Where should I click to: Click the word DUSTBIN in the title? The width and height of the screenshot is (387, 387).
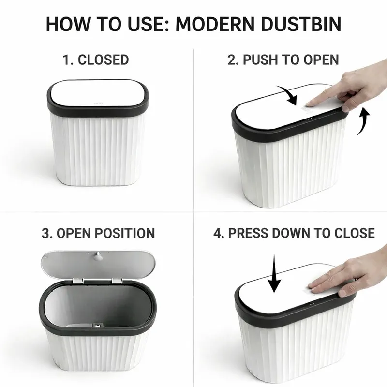pos(301,24)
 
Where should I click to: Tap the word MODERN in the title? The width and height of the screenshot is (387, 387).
pos(214,24)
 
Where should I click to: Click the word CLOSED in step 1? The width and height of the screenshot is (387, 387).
pos(103,60)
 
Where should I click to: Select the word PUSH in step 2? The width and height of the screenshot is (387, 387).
pos(261,60)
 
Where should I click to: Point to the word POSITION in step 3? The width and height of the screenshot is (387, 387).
pos(125,233)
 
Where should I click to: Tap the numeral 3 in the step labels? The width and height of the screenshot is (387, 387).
pos(45,233)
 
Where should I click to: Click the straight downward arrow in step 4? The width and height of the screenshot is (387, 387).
pos(274,273)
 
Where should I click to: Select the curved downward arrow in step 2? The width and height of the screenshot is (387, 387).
pos(290,95)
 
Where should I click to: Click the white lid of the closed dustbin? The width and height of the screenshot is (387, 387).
pos(98,93)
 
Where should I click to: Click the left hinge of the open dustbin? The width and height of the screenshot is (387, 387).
pos(78,281)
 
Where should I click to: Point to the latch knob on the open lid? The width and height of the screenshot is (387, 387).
pos(99,256)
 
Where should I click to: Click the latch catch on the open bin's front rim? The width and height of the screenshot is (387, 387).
pos(97,326)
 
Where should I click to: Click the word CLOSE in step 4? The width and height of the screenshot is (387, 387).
pos(355,233)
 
